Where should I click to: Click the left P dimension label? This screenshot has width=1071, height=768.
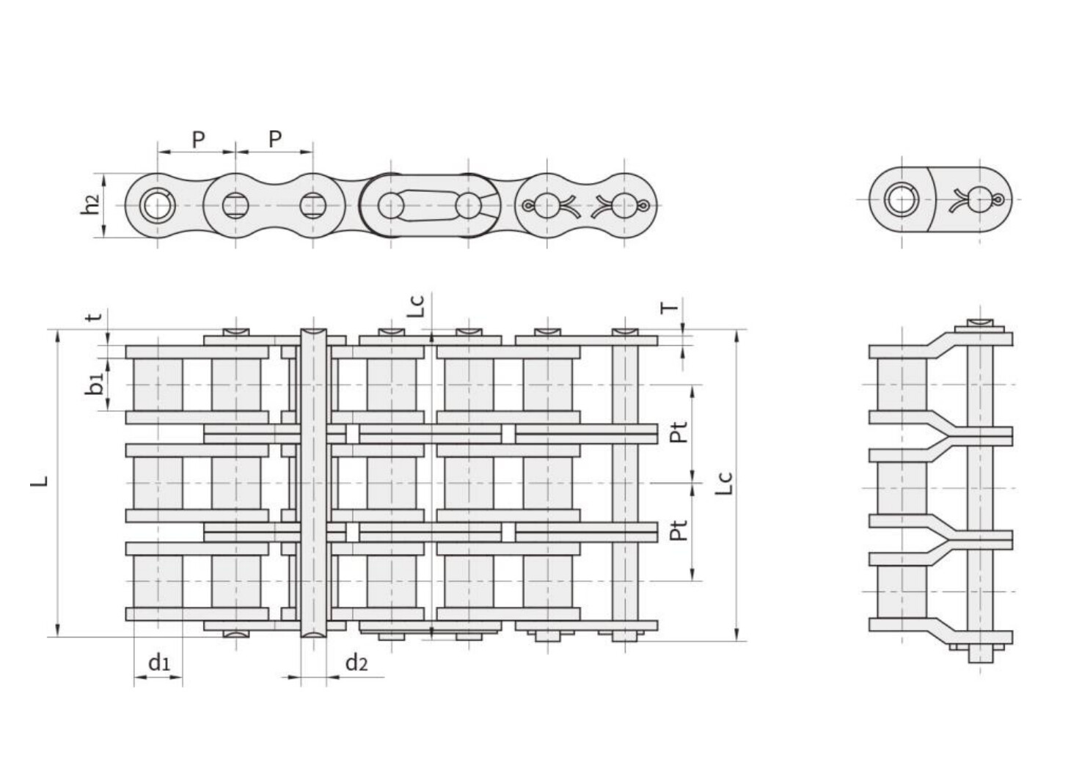(198, 139)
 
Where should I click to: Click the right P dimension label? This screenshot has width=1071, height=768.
(275, 139)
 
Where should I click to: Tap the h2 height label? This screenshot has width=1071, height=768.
(89, 205)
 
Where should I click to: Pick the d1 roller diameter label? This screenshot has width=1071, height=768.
(159, 663)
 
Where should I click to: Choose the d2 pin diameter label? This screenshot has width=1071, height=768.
(356, 663)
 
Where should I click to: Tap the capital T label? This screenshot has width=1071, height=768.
(670, 307)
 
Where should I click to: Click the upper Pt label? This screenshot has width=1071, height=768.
(680, 432)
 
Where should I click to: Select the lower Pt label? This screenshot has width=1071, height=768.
(680, 530)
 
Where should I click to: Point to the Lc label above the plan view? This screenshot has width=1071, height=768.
(416, 305)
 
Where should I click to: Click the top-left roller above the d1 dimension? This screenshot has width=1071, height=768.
(158, 385)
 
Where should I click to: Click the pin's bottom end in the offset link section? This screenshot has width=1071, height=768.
(979, 654)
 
